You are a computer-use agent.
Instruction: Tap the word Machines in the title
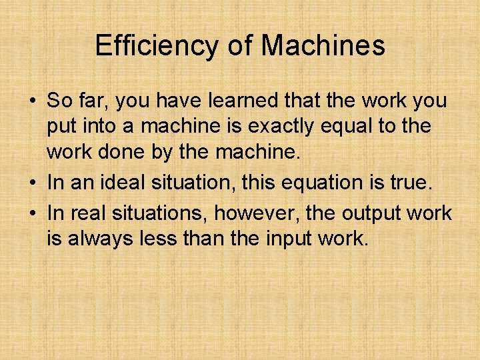323,46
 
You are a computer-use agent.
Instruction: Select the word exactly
277,126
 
